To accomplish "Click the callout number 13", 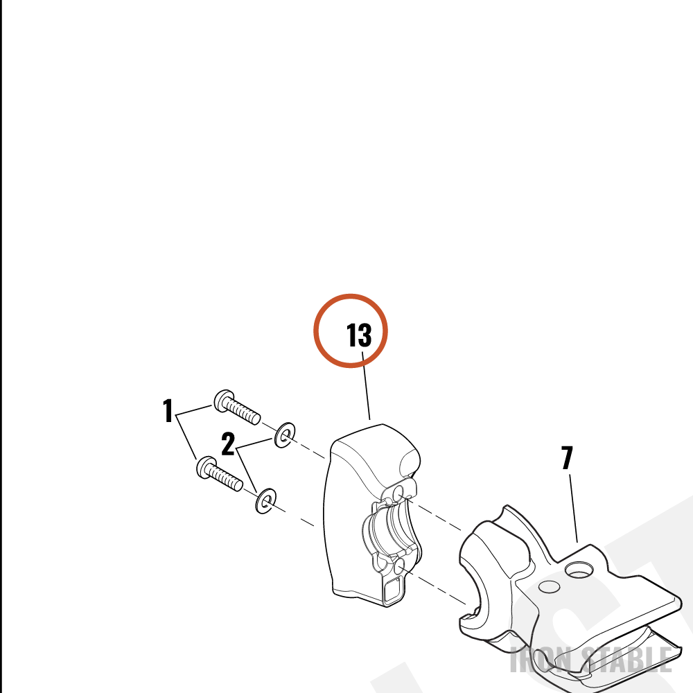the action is click(359, 335).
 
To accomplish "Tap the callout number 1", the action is click(168, 410).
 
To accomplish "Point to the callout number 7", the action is click(567, 457).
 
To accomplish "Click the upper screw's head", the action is click(223, 401).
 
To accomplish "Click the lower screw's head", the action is click(206, 467).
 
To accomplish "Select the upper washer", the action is click(285, 435).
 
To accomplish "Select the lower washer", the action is click(266, 501).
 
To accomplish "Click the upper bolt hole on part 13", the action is click(398, 491).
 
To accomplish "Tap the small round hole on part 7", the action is click(550, 586).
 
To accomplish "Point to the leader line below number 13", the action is click(366, 385).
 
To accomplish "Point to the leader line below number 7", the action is click(573, 508).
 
